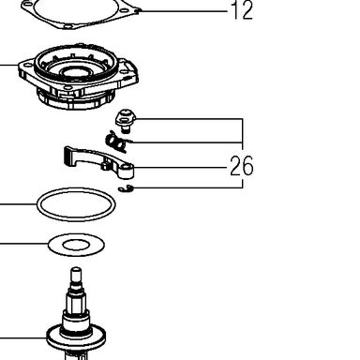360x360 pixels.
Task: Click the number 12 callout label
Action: point(243,10)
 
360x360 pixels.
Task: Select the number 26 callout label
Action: point(242,166)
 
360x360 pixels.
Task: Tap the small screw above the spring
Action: point(126,121)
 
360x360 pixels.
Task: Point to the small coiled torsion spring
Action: point(116,142)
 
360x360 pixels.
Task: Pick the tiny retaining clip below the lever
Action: point(126,188)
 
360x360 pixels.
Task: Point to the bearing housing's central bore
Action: point(77,72)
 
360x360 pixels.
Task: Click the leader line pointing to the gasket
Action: point(184,11)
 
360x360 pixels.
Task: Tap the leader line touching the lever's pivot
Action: point(180,168)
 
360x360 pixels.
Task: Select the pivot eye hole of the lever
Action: point(127,169)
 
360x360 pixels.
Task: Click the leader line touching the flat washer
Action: point(24,243)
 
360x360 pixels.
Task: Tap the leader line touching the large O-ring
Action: point(19,204)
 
